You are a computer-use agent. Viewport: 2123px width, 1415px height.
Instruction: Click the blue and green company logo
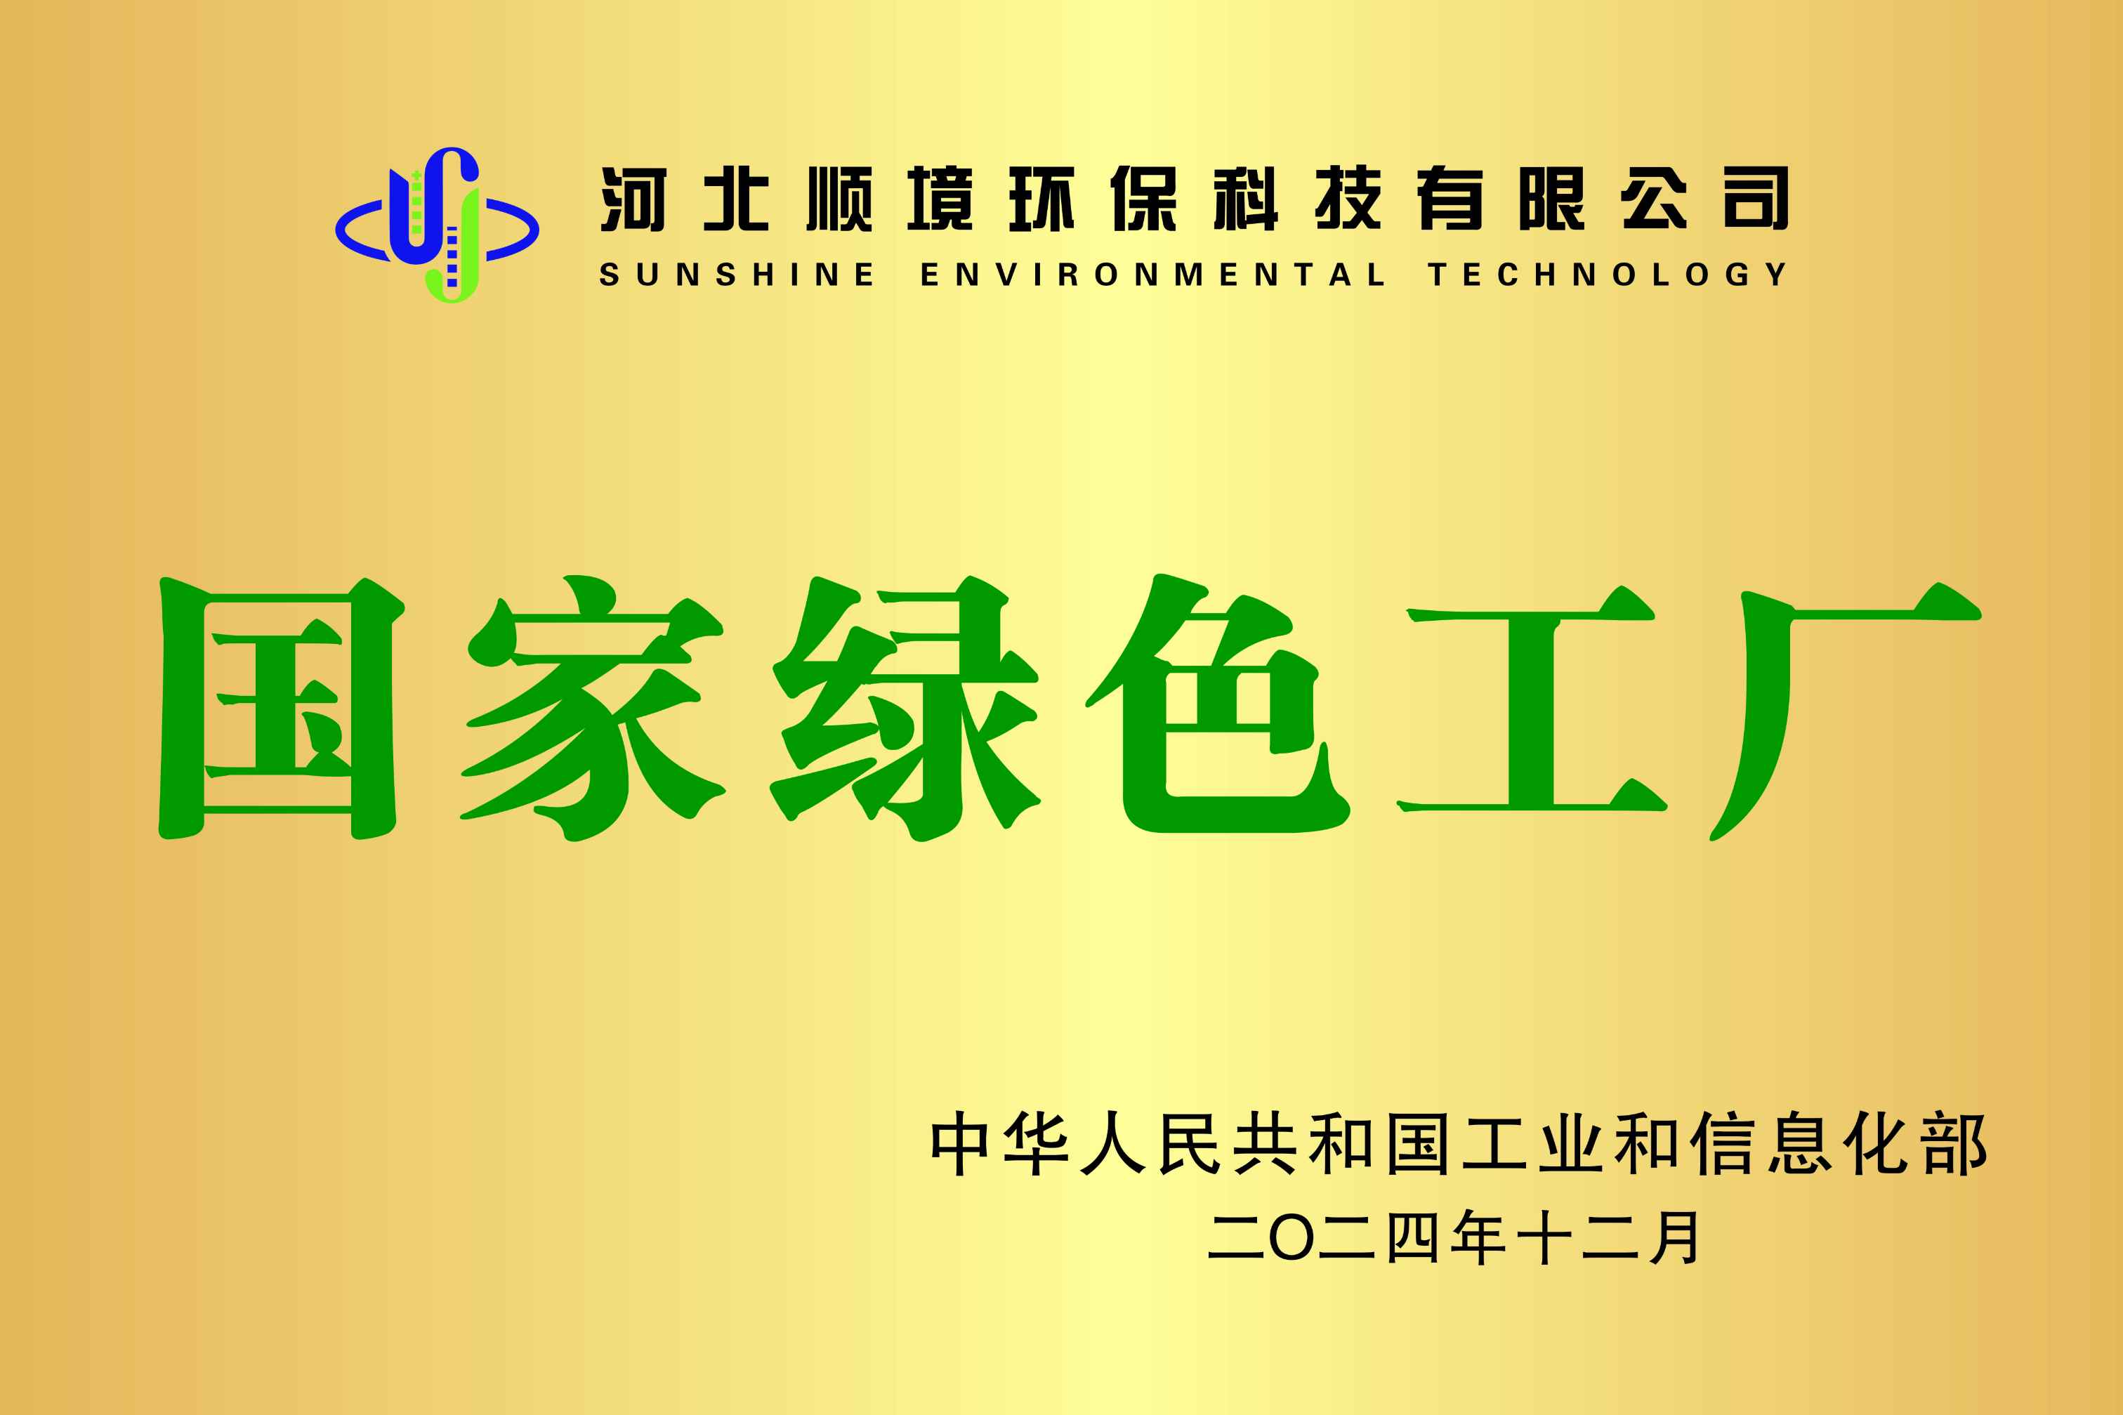coord(438,225)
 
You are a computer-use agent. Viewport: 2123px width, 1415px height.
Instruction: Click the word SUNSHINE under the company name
coord(737,275)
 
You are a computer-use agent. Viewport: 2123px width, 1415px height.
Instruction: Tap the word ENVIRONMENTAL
coord(1152,275)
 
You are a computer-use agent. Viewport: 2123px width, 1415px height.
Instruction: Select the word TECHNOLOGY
coord(1607,275)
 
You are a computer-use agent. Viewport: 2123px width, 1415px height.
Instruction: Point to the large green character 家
coord(592,709)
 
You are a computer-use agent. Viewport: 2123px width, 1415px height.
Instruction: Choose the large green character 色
coord(1218,704)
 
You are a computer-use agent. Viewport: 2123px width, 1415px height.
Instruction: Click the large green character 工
coord(1531,699)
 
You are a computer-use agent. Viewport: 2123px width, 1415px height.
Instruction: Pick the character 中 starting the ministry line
coord(959,1144)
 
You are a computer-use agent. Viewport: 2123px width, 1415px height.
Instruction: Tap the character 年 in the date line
coord(1480,1237)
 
